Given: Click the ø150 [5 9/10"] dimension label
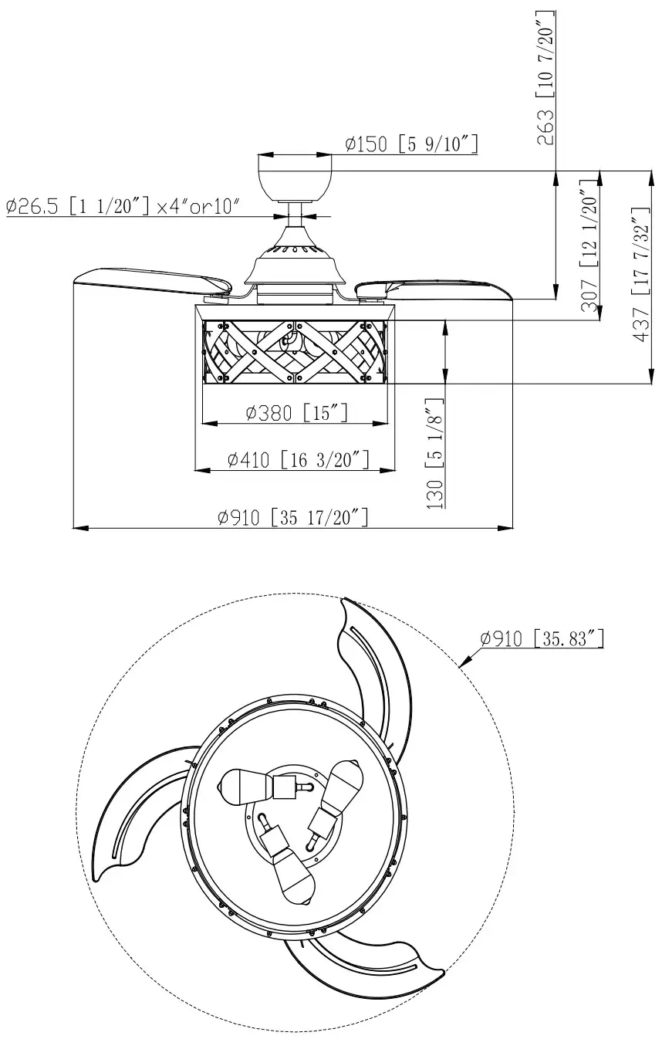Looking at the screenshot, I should point(411,144).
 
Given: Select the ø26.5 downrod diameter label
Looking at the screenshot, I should point(123,206).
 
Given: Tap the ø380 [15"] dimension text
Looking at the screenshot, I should point(296,414).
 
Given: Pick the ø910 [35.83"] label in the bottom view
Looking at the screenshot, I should point(541,638).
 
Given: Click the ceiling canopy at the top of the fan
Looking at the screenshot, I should point(296,176).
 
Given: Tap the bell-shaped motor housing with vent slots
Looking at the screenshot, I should point(296,262).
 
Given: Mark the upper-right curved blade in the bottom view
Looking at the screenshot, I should point(378,679).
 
